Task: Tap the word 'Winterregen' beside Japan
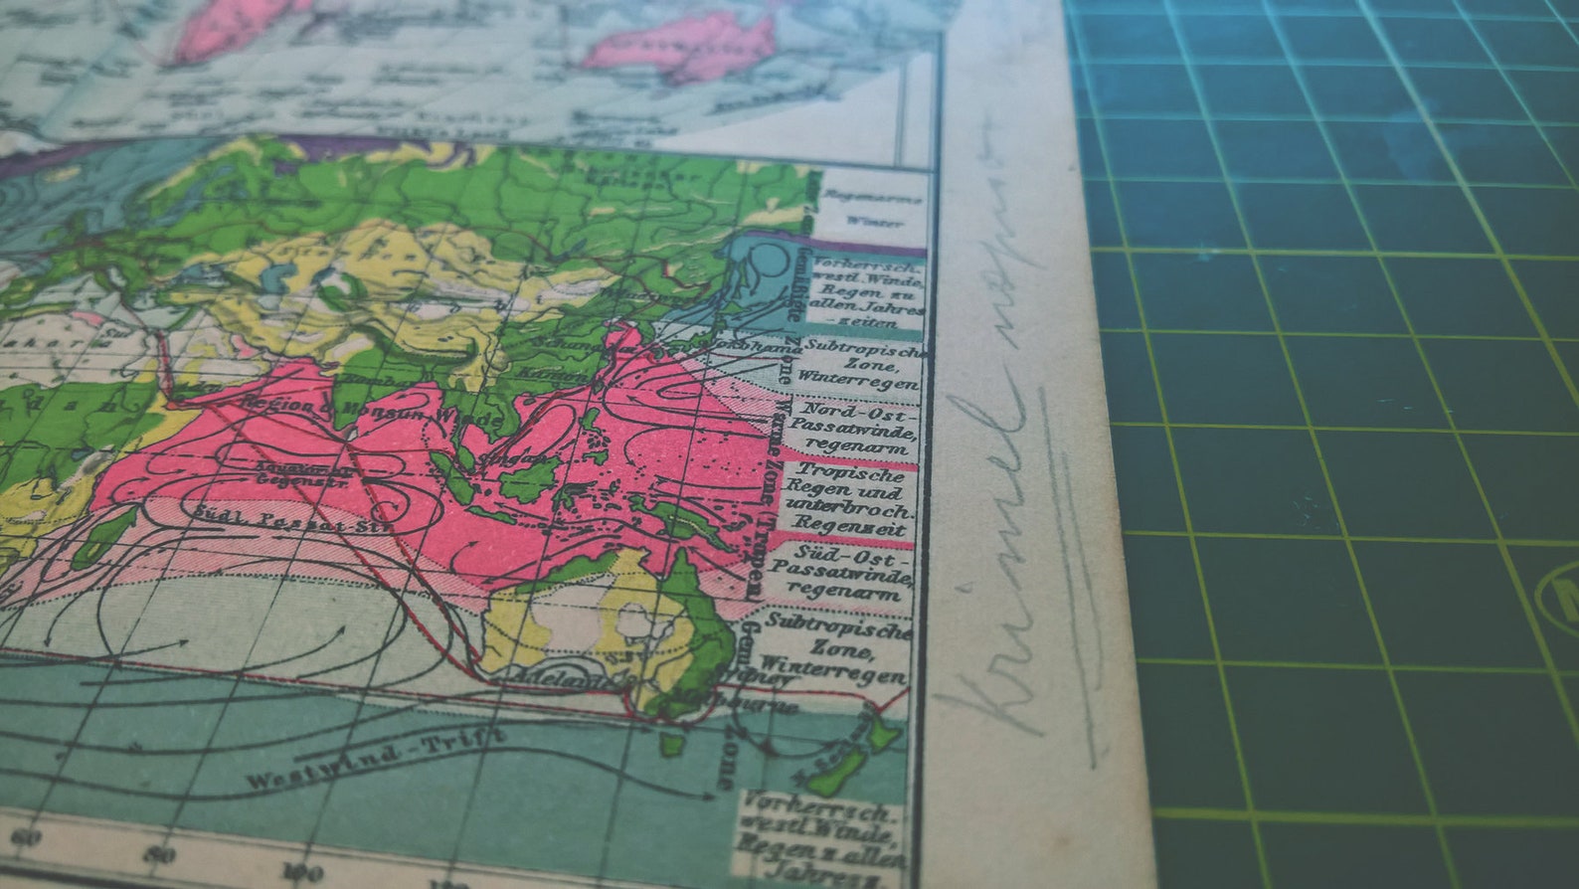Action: coord(857,379)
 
